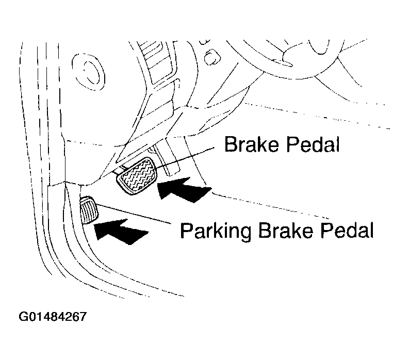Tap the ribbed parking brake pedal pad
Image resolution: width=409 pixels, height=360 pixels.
(89, 210)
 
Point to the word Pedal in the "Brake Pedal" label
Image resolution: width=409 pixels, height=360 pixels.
(312, 145)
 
